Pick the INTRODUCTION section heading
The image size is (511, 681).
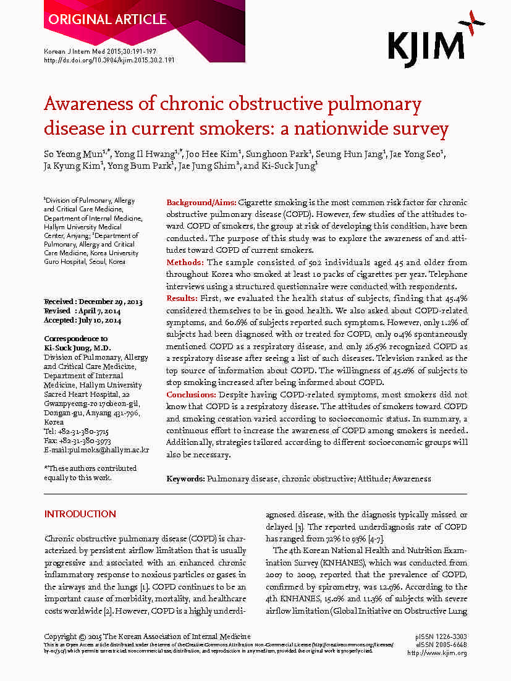click(80, 514)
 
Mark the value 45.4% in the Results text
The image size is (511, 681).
click(457, 298)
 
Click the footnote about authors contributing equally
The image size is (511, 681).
click(90, 473)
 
